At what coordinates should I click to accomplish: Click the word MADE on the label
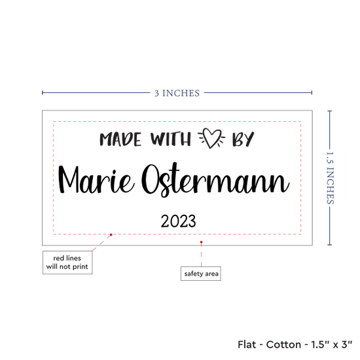click(120, 139)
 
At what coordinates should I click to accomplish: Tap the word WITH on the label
click(171, 139)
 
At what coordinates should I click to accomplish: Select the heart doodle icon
click(211, 138)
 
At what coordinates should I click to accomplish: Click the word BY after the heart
click(243, 139)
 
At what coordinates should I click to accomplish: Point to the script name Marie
click(96, 180)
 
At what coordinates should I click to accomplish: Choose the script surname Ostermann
click(215, 180)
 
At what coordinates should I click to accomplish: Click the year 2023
click(178, 221)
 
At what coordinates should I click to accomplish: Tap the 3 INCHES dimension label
click(177, 93)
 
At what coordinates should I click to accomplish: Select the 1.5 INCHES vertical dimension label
click(330, 178)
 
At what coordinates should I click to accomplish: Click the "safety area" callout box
click(201, 274)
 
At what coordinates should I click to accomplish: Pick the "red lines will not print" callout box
click(67, 262)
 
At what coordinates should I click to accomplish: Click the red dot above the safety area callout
click(201, 242)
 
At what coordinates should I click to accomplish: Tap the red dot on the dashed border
click(111, 234)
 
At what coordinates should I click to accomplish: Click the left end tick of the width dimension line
click(43, 92)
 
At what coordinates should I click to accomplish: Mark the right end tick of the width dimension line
click(312, 92)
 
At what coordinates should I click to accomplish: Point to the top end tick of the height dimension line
click(329, 111)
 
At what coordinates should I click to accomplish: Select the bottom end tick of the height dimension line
click(329, 245)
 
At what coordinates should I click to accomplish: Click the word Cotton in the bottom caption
click(283, 344)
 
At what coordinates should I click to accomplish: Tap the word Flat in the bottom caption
click(247, 344)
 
